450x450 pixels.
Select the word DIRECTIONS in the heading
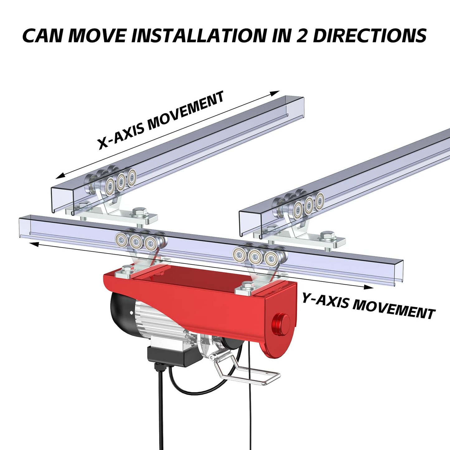click(x=370, y=36)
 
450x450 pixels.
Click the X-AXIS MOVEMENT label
click(x=161, y=120)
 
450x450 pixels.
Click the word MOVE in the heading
click(x=97, y=36)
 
